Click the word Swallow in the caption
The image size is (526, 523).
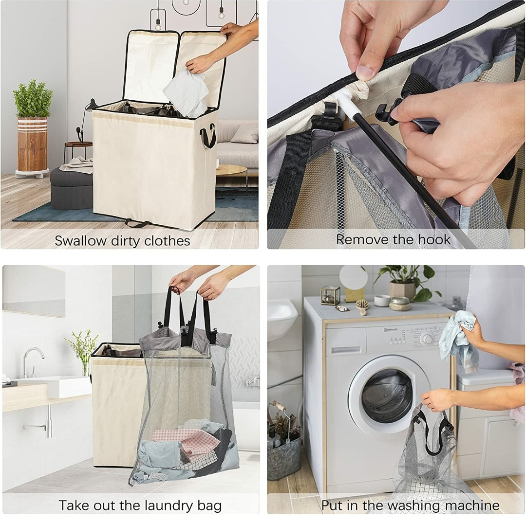(x=80, y=240)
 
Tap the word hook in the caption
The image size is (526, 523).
(x=435, y=239)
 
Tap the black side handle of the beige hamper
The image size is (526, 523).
(x=208, y=135)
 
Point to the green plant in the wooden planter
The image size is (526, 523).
(x=33, y=99)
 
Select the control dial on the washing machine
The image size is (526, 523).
(x=428, y=339)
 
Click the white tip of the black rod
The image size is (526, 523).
(x=342, y=103)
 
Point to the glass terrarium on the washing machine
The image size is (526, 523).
(x=330, y=295)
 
